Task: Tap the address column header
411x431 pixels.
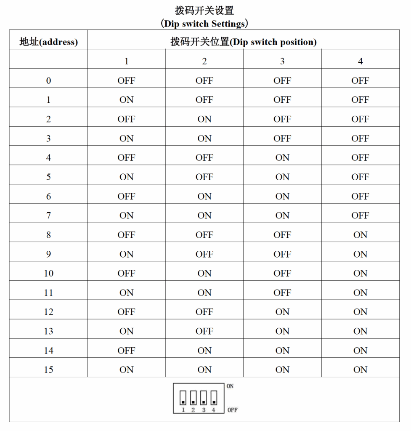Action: [x=48, y=42]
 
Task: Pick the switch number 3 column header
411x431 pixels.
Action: [x=282, y=61]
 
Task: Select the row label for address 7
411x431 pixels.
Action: [x=48, y=215]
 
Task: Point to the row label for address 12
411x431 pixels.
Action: [x=48, y=312]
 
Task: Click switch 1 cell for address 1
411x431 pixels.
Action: [x=126, y=100]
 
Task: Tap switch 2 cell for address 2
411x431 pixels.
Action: [x=204, y=119]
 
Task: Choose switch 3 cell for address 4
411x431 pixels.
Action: [x=282, y=158]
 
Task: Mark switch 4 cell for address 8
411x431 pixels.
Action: [x=360, y=235]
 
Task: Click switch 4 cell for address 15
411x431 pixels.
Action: [x=360, y=370]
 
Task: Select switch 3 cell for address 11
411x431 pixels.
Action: [x=282, y=293]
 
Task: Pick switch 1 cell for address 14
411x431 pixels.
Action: [x=126, y=351]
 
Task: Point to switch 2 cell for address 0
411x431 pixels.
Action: [x=204, y=81]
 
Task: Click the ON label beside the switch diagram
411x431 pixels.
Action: [x=230, y=386]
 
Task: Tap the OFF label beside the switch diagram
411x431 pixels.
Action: [x=232, y=410]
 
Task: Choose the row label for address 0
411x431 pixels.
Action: [x=48, y=81]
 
